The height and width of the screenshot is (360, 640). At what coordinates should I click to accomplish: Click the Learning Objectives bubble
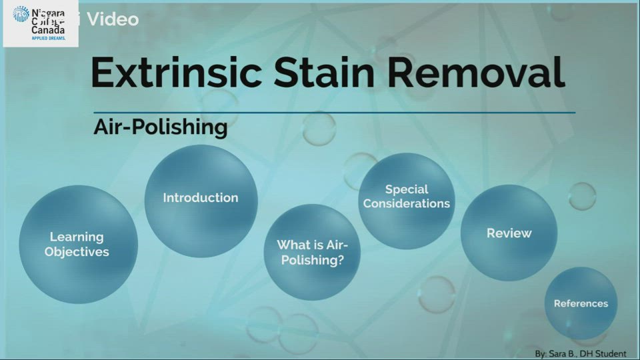[x=77, y=244]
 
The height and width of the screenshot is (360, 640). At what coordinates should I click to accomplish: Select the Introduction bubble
[x=201, y=198]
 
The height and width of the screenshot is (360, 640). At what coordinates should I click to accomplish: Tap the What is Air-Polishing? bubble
[x=312, y=253]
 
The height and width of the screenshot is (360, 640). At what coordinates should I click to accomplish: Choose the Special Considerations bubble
[x=407, y=197]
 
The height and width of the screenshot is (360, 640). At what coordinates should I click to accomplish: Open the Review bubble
[x=509, y=233]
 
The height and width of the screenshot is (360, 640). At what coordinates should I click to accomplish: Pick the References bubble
[x=581, y=303]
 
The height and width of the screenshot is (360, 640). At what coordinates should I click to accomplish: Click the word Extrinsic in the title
[x=175, y=73]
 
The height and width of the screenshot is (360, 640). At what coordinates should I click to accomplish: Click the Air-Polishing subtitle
[x=161, y=127]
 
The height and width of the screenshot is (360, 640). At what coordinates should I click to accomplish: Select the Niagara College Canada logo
[x=41, y=24]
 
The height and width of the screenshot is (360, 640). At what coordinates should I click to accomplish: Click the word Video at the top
[x=113, y=19]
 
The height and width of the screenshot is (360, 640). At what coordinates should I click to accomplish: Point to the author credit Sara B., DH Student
[x=581, y=353]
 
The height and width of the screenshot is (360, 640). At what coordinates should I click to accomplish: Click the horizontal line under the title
[x=333, y=113]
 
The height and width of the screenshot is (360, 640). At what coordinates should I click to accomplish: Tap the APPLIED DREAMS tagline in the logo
[x=48, y=39]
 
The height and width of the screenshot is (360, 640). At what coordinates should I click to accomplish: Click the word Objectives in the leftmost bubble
[x=77, y=252]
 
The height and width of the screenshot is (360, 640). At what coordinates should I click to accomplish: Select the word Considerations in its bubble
[x=407, y=203]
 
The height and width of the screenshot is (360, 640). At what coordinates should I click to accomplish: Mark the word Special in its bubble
[x=407, y=189]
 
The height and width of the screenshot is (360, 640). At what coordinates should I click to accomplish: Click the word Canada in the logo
[x=48, y=31]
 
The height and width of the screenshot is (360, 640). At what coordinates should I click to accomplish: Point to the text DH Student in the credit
[x=604, y=353]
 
